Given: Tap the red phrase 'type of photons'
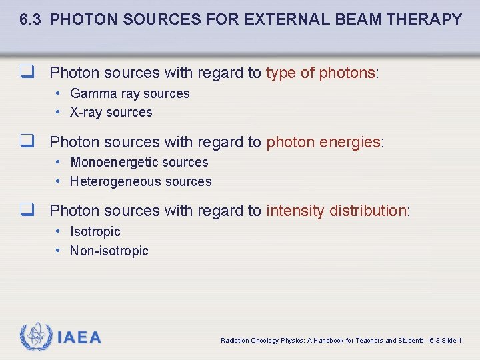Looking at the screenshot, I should coord(321,73).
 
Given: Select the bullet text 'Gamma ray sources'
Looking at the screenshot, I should coord(129,94).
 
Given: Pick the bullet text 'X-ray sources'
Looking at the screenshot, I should coord(111,113).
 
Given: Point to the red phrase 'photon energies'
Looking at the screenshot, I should coord(323,142).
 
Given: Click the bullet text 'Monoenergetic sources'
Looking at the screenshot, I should coord(139,163).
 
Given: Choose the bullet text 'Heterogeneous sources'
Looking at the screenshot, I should coord(141,181).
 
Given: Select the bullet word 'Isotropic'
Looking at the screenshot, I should coord(95,232).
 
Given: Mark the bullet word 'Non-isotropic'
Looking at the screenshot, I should coord(109,251).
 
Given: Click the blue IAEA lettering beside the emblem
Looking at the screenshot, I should coord(79,337).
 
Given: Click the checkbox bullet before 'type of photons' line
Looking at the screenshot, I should coord(27,72).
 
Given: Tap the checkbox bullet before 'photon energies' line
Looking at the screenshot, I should coord(27,141).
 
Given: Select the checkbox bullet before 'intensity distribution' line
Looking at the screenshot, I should coord(27,211).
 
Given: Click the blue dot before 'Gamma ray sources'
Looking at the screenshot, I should coord(59,93).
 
